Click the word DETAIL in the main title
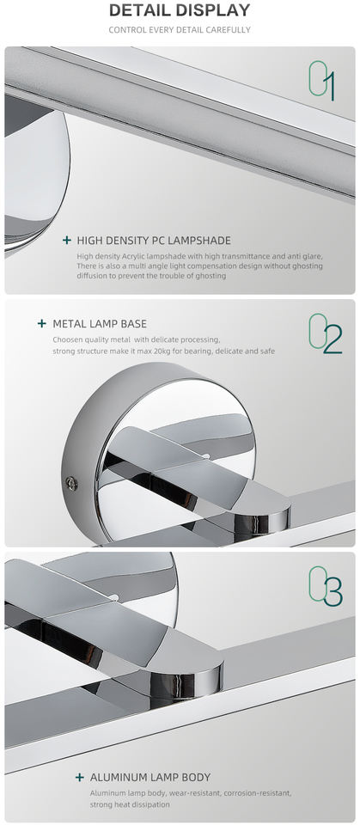click(139, 10)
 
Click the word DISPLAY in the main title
click(212, 10)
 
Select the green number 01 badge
click(321, 80)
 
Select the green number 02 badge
click(326, 333)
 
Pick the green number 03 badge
click(326, 585)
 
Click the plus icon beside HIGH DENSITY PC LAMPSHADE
click(67, 241)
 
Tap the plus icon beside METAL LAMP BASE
click(42, 324)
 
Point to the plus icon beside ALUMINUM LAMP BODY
click(80, 777)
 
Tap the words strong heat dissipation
click(130, 804)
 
